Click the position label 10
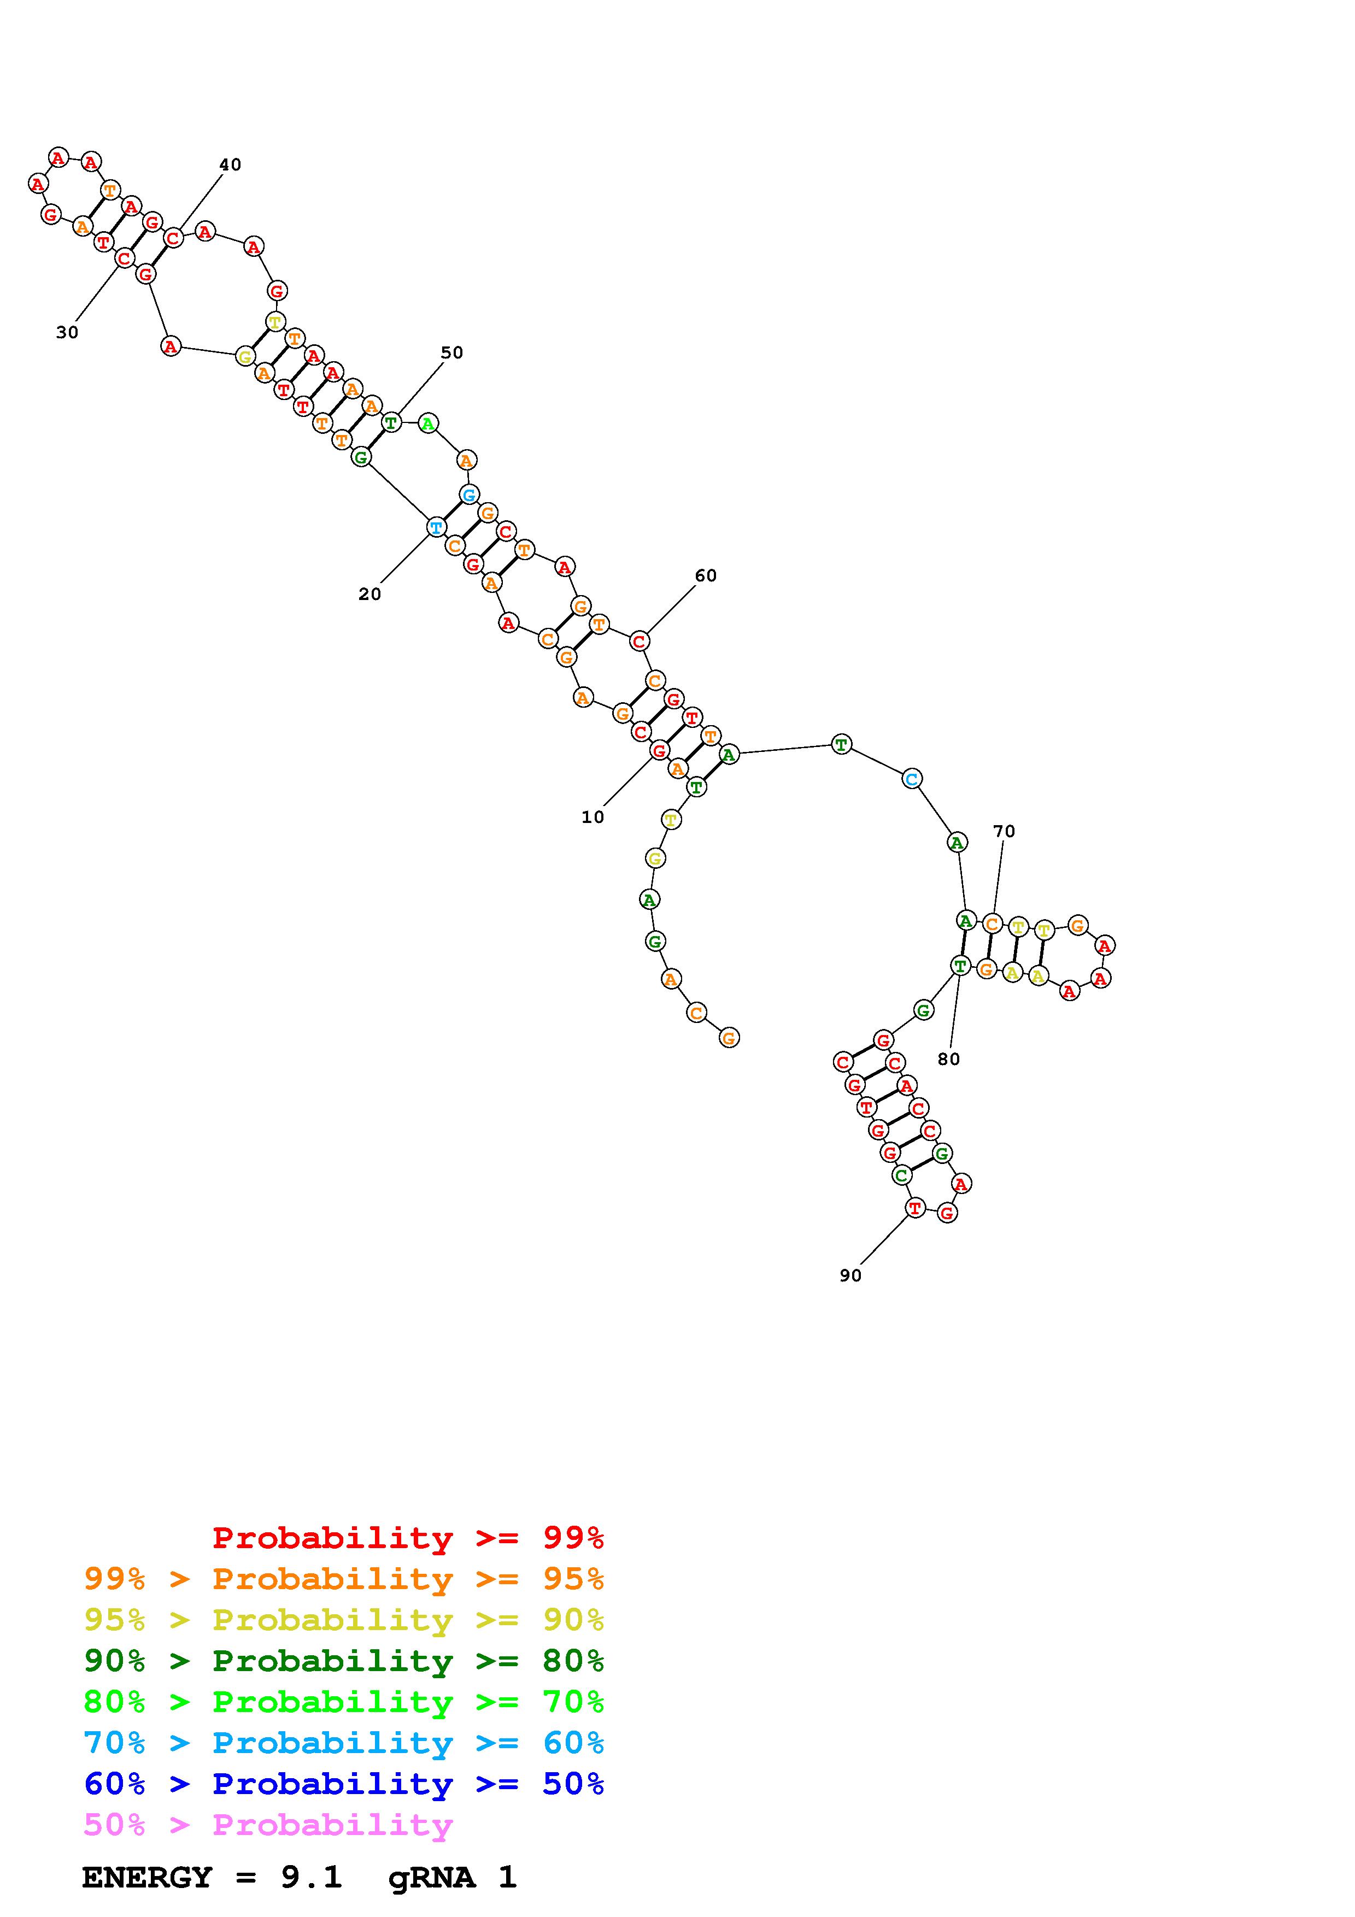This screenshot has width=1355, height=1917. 593,818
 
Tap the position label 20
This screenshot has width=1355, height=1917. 370,595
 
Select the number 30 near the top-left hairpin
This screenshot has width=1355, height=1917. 67,332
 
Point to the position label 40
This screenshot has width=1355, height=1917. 231,164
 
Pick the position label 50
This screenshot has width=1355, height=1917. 451,352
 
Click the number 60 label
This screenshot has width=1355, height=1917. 706,575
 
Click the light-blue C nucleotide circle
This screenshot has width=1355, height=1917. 912,779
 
